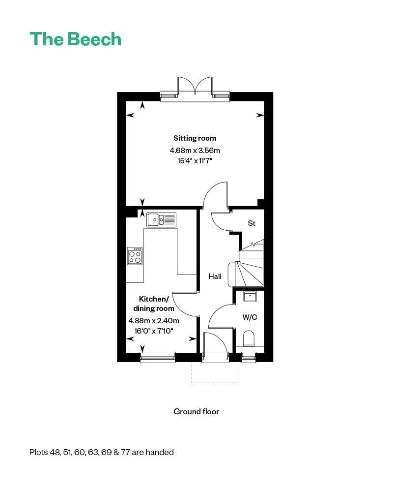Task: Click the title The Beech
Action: (75, 39)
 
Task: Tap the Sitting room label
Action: (195, 138)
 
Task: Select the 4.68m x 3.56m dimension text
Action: (195, 151)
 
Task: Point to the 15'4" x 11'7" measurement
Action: (195, 161)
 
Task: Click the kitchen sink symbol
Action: (161, 219)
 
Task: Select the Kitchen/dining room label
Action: (154, 304)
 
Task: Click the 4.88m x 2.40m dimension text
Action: (154, 321)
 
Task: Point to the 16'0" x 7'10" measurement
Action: (154, 331)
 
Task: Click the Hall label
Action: (215, 277)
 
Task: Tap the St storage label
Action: (252, 223)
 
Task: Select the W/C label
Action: (250, 317)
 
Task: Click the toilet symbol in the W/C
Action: (249, 340)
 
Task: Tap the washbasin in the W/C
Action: (250, 296)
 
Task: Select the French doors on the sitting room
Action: (195, 89)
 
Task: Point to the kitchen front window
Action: (158, 358)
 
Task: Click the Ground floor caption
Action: (196, 411)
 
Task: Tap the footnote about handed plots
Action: (102, 452)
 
